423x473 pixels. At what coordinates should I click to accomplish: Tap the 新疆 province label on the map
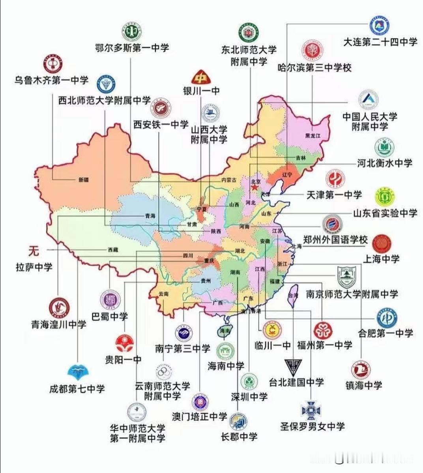coord(84,179)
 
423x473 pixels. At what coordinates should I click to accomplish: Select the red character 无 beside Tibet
coord(34,250)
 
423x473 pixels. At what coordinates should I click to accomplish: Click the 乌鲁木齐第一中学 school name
coord(51,80)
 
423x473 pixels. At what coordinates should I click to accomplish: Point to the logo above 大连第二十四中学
coord(380,26)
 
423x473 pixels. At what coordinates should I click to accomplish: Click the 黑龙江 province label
coord(313,136)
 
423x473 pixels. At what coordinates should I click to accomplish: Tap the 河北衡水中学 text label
coord(385,163)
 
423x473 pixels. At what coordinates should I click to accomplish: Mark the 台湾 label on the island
coord(293,295)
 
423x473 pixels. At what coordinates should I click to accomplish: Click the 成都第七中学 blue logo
coord(78,372)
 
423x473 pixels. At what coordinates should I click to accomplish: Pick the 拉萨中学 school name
coord(34,267)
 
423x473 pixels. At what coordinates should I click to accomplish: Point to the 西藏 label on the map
coord(113,250)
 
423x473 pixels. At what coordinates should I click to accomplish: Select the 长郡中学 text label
coord(239,437)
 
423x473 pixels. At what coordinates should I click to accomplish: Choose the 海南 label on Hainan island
coord(225,331)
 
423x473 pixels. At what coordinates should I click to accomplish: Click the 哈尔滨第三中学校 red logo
coord(313,50)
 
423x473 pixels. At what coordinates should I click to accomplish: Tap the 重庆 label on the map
coord(209,261)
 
